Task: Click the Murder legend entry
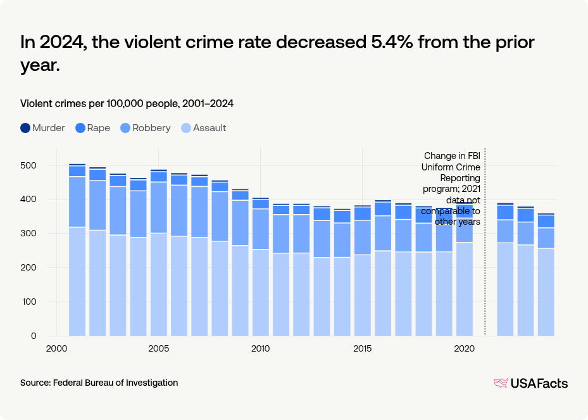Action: pyautogui.click(x=42, y=128)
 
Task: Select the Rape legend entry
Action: pyautogui.click(x=92, y=128)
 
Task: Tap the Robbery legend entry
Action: pyautogui.click(x=145, y=128)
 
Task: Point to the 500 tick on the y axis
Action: pyautogui.click(x=28, y=165)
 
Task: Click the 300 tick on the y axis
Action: pyautogui.click(x=28, y=234)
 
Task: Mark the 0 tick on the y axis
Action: pyautogui.click(x=34, y=336)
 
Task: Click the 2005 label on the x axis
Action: pyautogui.click(x=159, y=348)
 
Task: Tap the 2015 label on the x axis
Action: pyautogui.click(x=362, y=348)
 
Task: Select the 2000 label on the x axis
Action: pyautogui.click(x=57, y=348)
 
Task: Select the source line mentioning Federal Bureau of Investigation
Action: pyautogui.click(x=99, y=383)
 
